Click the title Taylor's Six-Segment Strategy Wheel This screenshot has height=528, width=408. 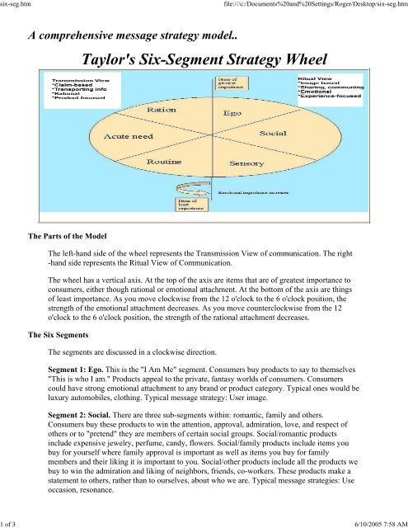(x=203, y=59)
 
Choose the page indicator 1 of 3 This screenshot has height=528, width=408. (x=12, y=521)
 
